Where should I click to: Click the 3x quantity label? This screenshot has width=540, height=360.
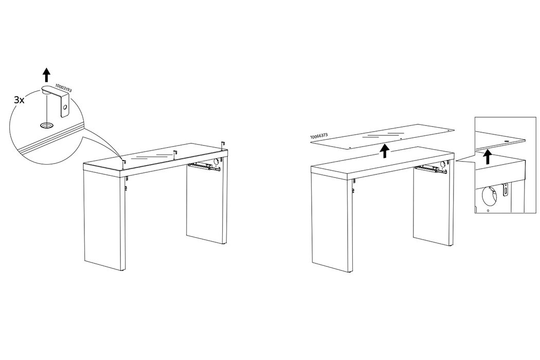pos(19,100)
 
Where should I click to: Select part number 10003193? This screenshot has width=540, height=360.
pos(63,88)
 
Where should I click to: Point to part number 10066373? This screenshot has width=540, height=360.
pos(319,136)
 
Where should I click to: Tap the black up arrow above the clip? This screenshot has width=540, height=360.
pos(46,75)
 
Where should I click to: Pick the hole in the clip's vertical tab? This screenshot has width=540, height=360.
pos(64,107)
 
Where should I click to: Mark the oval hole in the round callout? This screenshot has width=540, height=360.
pos(45,125)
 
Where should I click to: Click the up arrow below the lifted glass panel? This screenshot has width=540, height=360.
pos(385,151)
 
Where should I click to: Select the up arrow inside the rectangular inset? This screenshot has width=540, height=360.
pos(487,157)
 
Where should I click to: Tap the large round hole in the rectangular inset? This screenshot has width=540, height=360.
pos(489,195)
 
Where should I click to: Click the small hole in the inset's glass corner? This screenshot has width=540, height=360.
pos(507,141)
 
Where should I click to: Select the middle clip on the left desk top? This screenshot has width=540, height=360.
pos(175,154)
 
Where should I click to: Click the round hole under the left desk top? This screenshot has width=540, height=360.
pos(217,161)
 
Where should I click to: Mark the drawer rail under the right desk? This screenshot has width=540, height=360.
pos(430,169)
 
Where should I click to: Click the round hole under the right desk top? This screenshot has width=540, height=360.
pos(444,165)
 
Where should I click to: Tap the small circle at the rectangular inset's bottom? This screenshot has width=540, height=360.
pos(488,210)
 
